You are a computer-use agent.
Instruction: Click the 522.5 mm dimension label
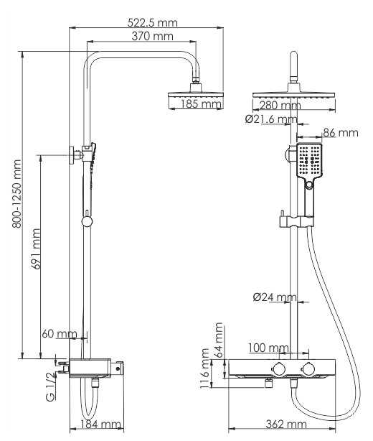tap(153, 22)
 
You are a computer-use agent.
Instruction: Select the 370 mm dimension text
tap(153, 37)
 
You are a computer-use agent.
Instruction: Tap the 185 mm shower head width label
tap(201, 103)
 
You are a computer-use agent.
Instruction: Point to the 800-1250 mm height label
tap(16, 194)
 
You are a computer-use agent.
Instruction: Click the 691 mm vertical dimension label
tap(37, 249)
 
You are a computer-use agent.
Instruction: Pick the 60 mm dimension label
tap(60, 334)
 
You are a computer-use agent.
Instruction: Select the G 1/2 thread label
tap(50, 386)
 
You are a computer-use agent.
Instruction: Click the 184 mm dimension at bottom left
tap(100, 424)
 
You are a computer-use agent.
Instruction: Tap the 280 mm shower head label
tap(280, 106)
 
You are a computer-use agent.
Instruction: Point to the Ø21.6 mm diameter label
tap(271, 119)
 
